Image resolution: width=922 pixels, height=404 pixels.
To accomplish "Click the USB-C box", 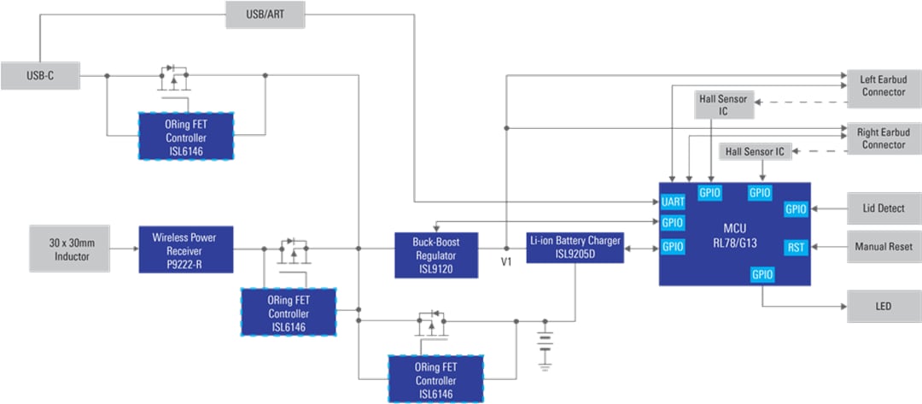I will tap(40, 75).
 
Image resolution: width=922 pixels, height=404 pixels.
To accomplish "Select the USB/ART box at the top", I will tap(265, 14).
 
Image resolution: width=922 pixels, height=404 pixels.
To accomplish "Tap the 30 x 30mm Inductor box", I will tap(70, 249).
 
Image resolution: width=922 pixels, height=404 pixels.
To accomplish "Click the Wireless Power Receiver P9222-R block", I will tap(187, 249).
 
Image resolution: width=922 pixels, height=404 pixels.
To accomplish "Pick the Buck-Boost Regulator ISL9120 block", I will tap(436, 255).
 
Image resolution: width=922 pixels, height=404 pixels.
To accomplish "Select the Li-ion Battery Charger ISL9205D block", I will tap(575, 248).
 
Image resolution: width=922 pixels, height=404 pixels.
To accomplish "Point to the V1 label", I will tap(506, 262).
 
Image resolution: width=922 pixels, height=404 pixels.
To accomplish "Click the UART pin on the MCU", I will tap(673, 202).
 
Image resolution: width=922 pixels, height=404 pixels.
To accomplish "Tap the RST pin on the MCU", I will tap(796, 248).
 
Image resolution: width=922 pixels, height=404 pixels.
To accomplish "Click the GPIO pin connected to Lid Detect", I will tap(796, 208).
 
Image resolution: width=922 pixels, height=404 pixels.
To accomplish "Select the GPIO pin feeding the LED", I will tap(762, 274).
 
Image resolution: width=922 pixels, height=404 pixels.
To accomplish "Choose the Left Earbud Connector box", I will tap(883, 85).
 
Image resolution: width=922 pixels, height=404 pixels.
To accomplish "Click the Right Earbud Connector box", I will tap(883, 138).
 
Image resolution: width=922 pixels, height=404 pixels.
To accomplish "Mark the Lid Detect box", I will tap(883, 208).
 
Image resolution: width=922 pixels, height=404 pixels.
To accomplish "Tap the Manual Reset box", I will tap(883, 248).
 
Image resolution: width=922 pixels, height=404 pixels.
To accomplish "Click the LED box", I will tap(883, 306).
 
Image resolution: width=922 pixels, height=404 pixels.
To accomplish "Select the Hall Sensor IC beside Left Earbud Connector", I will tap(723, 105).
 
